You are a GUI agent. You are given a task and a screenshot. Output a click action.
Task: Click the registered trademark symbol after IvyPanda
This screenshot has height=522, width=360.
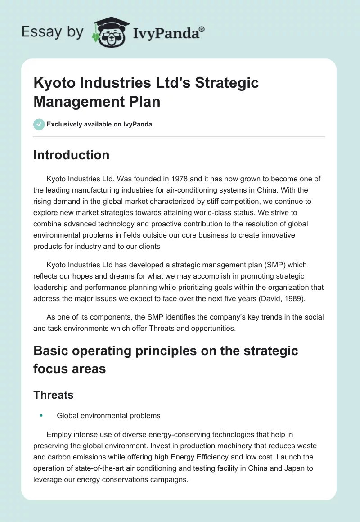pos(202,29)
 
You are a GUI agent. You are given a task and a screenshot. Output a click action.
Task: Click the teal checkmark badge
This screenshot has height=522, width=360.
pos(39,124)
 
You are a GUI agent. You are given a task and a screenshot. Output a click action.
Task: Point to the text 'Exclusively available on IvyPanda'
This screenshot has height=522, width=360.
pos(99,124)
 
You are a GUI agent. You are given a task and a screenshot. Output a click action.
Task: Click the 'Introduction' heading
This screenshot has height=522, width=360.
pos(71,155)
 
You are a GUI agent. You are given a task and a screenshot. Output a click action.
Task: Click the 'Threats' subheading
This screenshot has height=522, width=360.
pos(54,395)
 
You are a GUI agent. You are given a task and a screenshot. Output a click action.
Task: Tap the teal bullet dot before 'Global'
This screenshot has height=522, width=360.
pos(41,416)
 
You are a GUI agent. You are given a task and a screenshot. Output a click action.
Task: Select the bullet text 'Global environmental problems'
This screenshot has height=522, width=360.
pos(108,416)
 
